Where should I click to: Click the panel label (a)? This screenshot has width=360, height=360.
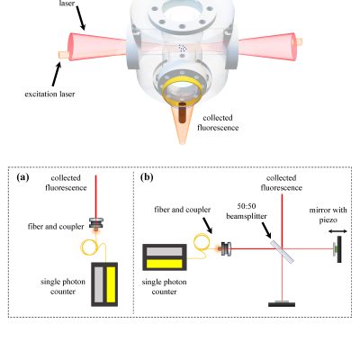pos(22,177)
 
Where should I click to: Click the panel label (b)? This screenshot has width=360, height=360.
pos(147,177)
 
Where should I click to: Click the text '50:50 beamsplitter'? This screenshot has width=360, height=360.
pos(247,211)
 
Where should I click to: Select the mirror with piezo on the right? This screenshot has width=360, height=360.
pos(337,249)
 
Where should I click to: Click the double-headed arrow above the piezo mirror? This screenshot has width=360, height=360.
pos(337,231)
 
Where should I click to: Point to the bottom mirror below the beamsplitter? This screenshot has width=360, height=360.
pos(282,303)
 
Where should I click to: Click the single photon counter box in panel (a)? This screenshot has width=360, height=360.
pos(104,284)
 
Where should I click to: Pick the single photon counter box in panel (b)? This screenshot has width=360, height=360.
pos(165,257)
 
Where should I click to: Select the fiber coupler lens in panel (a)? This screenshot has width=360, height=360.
pos(96,224)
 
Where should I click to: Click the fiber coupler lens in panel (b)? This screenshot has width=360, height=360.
pos(227,248)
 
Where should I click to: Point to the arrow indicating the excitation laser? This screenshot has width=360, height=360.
pos(57,73)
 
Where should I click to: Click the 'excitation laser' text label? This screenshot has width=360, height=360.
pos(49,94)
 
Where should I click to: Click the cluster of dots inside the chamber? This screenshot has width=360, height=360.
pos(182,48)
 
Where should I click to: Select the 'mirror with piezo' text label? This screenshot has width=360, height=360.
pos(328,215)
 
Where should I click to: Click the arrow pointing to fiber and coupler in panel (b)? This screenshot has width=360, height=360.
pos(207,225)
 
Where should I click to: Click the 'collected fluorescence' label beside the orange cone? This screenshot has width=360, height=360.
pos(218,122)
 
